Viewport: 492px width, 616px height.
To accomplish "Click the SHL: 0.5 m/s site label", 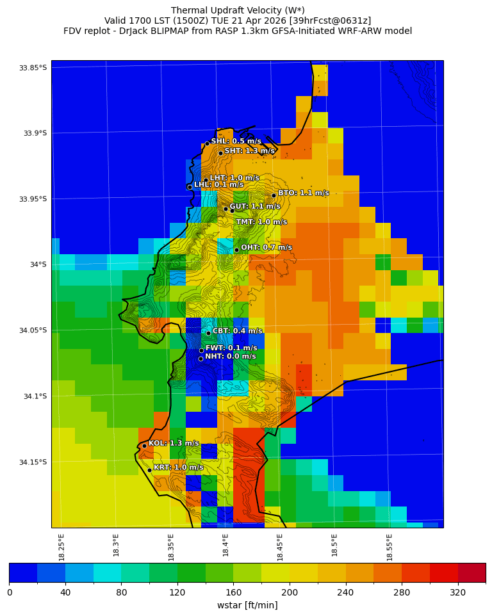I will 236,141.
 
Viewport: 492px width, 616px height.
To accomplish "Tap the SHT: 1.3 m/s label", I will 249,151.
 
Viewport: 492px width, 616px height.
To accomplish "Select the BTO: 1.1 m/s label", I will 303,193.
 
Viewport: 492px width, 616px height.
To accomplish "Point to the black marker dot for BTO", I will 274,195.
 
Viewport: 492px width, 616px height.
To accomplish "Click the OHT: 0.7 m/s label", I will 266,247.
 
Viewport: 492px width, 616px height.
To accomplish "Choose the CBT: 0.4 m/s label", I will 237,331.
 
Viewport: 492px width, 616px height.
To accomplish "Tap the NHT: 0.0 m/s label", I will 230,357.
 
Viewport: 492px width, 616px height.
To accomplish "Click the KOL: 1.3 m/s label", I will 174,443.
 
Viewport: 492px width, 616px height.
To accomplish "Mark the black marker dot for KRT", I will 149,470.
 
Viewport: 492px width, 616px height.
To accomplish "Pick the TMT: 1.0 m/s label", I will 261,222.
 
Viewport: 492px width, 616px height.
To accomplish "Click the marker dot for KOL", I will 144,446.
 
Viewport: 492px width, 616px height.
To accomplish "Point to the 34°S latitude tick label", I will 35,264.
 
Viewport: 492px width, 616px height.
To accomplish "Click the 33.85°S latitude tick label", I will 33,68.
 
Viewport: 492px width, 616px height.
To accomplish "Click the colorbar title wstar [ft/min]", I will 247,605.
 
